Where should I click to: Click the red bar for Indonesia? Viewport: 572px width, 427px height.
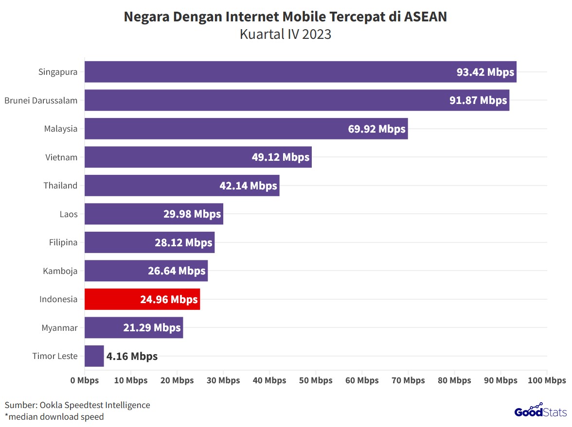(x=142, y=299)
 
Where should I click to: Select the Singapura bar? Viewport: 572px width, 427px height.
(x=300, y=72)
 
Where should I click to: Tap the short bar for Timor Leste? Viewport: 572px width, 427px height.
(x=94, y=356)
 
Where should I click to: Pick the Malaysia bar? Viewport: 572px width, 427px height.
(x=246, y=129)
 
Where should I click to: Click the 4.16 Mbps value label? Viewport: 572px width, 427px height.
(x=132, y=357)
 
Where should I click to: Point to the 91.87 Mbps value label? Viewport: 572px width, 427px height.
(x=478, y=101)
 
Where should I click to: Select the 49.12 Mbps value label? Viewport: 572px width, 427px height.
(x=281, y=157)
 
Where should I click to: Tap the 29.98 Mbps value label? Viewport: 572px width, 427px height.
(x=192, y=214)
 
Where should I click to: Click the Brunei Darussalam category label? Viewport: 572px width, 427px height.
(x=41, y=101)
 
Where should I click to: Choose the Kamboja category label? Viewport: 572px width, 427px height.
(x=60, y=271)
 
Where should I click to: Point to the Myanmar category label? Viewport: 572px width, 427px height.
(x=59, y=328)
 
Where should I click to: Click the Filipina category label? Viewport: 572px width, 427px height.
(x=63, y=242)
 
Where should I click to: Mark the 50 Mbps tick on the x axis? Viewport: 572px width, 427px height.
(x=316, y=380)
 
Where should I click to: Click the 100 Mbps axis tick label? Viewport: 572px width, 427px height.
(x=547, y=380)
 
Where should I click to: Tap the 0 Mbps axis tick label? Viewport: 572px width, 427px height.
(x=85, y=380)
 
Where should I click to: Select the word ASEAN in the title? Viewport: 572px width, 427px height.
(x=425, y=17)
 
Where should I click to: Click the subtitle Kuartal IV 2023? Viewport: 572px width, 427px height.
(x=286, y=34)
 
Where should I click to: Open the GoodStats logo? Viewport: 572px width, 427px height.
(x=540, y=411)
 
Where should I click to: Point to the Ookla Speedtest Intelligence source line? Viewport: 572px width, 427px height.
(x=77, y=405)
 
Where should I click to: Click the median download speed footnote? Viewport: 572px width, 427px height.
(x=54, y=416)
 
